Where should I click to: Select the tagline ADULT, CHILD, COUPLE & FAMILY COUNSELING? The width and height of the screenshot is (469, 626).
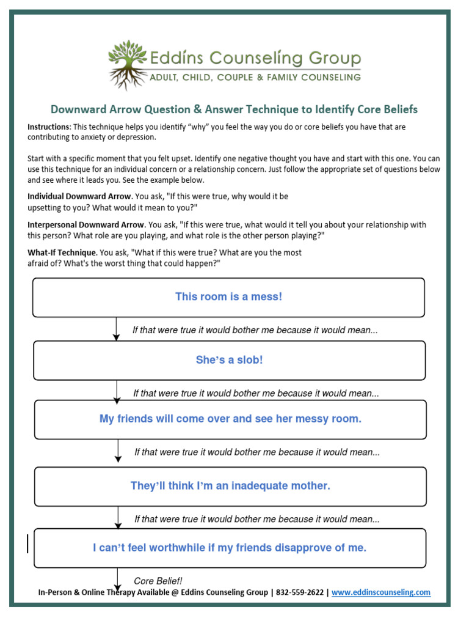255,77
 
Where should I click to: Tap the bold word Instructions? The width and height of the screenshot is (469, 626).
49,127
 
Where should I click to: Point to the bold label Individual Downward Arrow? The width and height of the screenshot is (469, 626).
79,197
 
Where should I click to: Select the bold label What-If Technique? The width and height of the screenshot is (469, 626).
62,252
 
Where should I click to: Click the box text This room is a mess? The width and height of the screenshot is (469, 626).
228,297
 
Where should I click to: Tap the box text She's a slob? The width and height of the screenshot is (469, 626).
229,360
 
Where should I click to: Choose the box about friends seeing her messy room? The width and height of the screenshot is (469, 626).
230,419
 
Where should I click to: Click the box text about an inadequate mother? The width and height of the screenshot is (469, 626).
230,486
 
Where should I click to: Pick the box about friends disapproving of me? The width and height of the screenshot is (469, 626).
230,548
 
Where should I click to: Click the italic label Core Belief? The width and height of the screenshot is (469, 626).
158,581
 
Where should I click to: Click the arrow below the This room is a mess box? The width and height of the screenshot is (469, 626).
117,329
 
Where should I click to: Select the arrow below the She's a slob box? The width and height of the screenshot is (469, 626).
117,391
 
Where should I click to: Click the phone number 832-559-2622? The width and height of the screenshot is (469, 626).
299,592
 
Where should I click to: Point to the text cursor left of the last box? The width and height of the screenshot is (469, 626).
27,543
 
